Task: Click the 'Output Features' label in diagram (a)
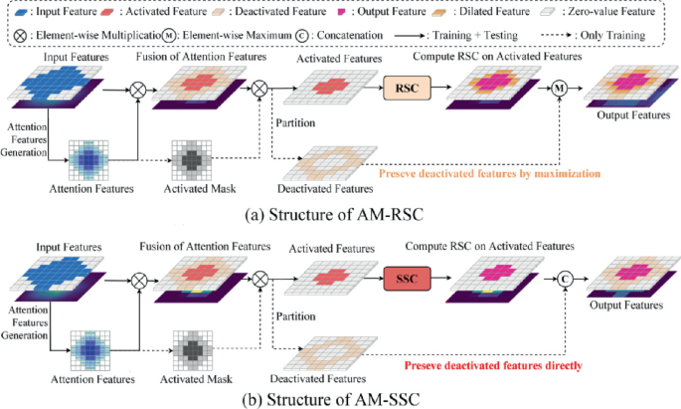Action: [629, 116]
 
